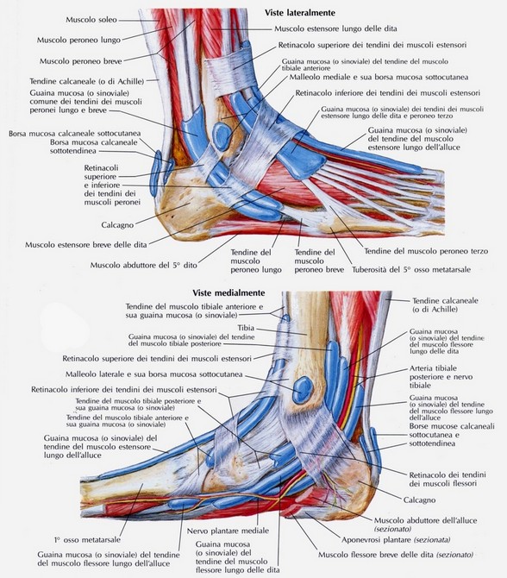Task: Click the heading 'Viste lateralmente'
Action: (x=300, y=13)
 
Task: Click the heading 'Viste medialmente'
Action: (x=228, y=292)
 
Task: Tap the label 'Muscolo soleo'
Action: (x=91, y=20)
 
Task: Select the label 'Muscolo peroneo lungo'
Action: (x=78, y=40)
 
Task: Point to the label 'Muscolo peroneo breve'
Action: (x=81, y=61)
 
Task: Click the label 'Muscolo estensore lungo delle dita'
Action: (x=335, y=28)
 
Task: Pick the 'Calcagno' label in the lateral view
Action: (x=117, y=225)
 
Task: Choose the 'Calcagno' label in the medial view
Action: (x=419, y=500)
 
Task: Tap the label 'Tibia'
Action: (x=246, y=328)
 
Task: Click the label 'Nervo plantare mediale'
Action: (x=228, y=531)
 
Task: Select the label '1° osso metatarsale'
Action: (x=87, y=540)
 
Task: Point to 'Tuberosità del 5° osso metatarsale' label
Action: (x=411, y=269)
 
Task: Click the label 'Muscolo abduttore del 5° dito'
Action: (x=144, y=265)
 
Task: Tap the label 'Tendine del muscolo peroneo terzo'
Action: (x=426, y=251)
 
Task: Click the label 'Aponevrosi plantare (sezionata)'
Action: (x=396, y=540)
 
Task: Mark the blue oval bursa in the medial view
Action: (x=303, y=390)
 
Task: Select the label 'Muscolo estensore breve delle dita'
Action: (x=86, y=245)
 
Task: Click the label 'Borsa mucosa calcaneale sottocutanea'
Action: (x=75, y=134)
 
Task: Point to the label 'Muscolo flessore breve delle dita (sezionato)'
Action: (x=396, y=555)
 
